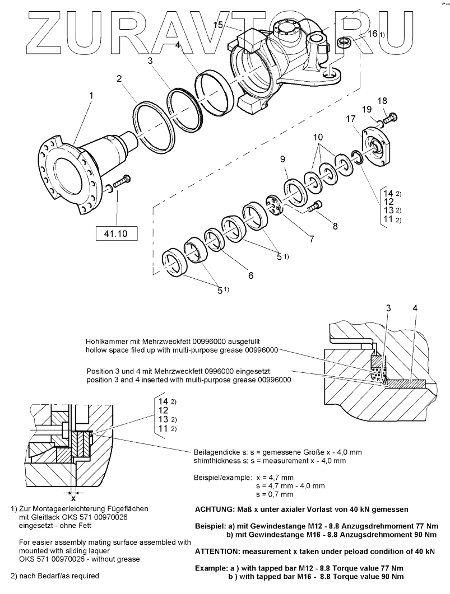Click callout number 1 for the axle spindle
coord(91,96)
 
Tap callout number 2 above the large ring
coord(119,79)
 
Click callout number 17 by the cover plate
coord(351,119)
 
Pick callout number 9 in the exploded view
coord(283,160)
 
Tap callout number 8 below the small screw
coord(335,227)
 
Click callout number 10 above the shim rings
coord(318,137)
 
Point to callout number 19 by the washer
coord(365,109)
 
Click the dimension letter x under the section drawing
coord(72,497)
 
